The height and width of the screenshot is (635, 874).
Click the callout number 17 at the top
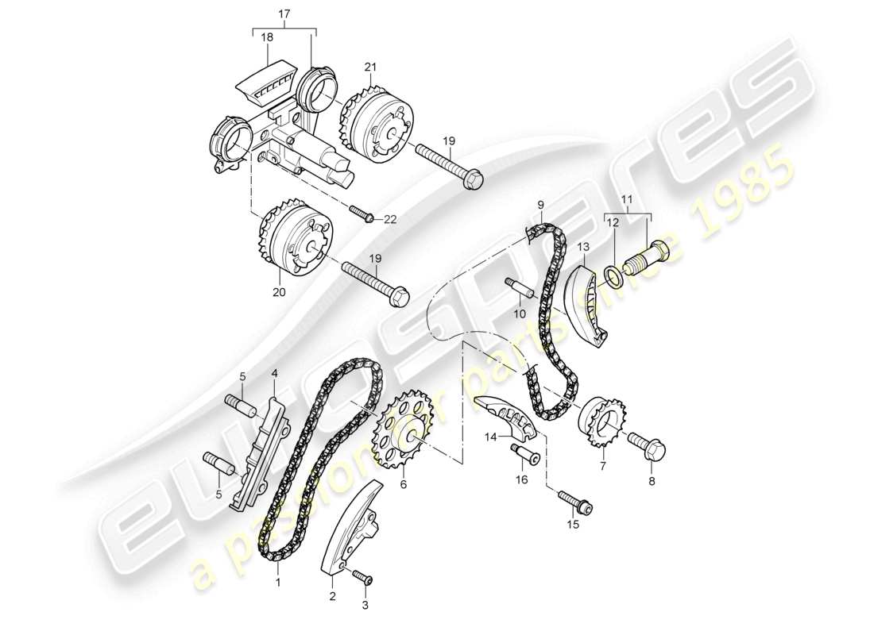(284, 13)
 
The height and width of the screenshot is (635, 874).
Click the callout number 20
(278, 293)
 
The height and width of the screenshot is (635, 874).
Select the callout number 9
(539, 204)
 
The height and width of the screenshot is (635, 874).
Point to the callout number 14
(491, 437)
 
